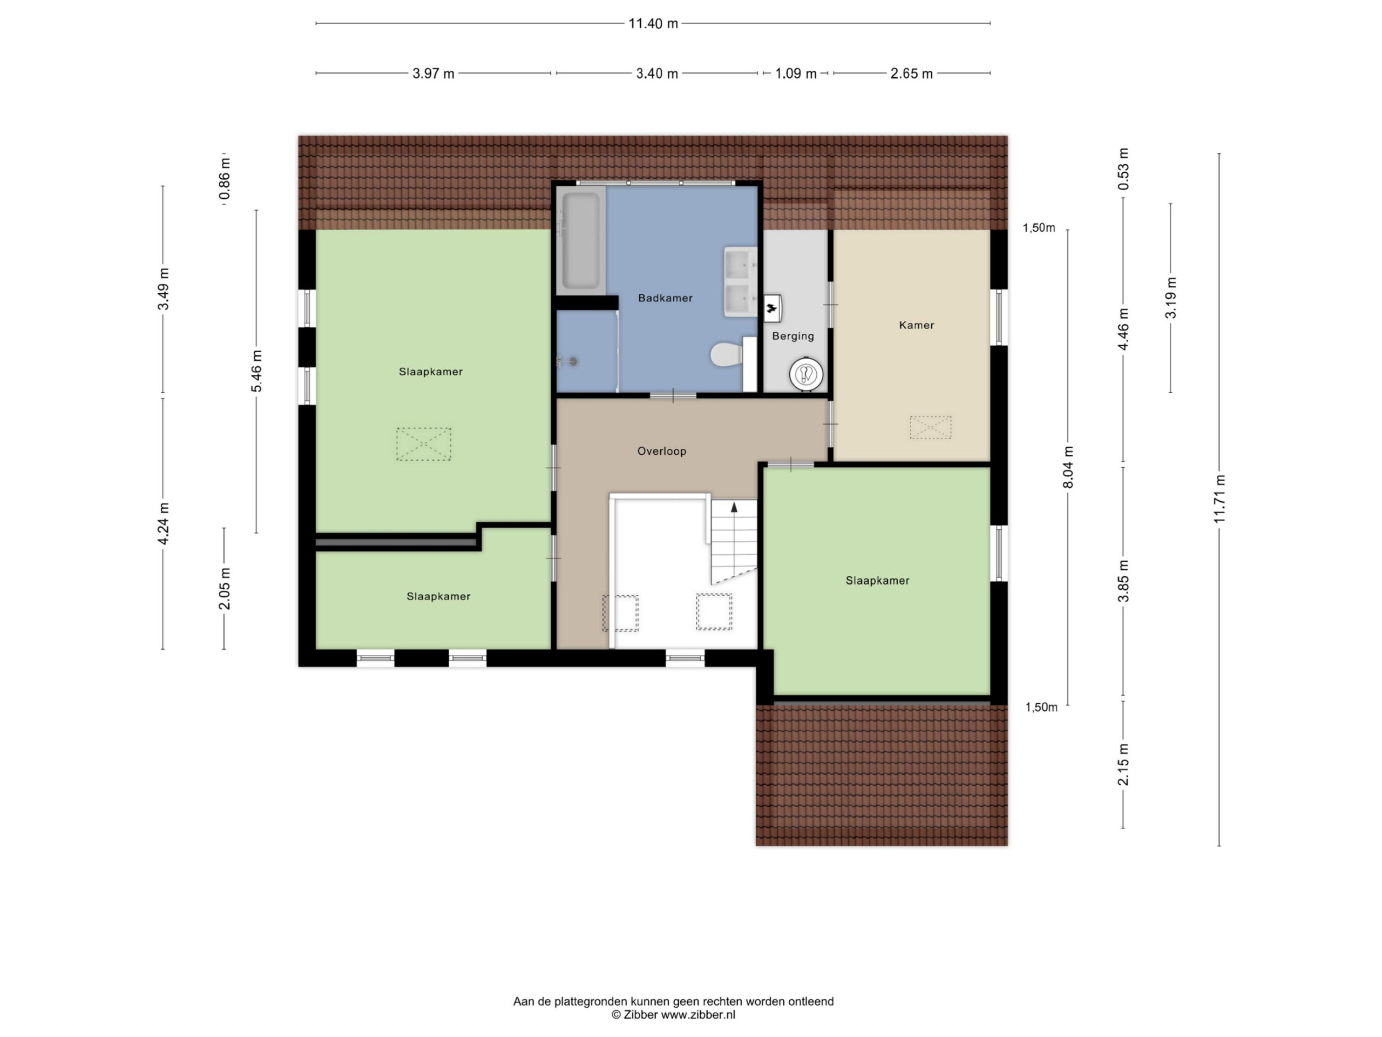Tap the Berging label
click(793, 336)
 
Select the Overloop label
click(662, 452)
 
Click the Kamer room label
click(917, 325)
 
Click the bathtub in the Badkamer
click(581, 241)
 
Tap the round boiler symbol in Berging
click(806, 374)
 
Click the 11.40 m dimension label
click(653, 24)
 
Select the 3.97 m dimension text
click(433, 74)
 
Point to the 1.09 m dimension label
click(796, 74)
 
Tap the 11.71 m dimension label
click(1220, 499)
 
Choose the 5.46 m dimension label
click(257, 371)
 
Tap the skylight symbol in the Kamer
click(930, 428)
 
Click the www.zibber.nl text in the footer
click(698, 1014)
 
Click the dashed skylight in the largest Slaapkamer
click(424, 444)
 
